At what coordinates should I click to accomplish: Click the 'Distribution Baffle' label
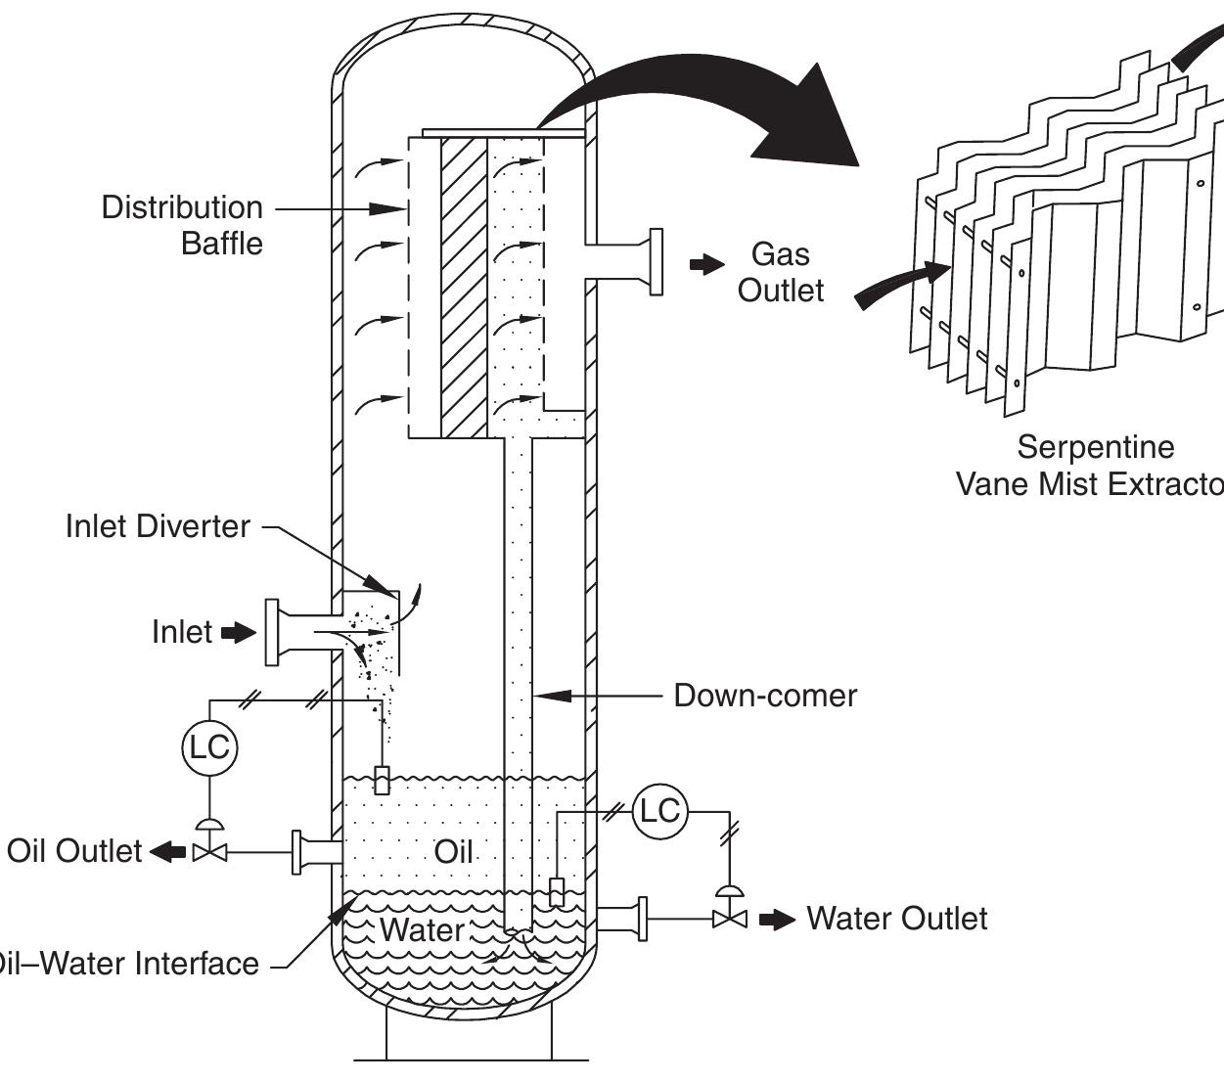tap(182, 225)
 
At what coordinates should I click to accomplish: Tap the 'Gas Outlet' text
tap(781, 272)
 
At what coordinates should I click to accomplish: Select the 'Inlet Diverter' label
tap(158, 526)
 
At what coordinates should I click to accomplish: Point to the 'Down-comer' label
tap(765, 696)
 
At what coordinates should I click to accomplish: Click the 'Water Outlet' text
tap(896, 919)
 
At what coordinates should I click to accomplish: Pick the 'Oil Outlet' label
tap(74, 851)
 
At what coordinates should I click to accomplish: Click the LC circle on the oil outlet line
tap(208, 748)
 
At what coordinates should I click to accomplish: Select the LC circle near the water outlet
tap(659, 811)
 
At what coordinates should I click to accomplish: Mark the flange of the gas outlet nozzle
tap(656, 261)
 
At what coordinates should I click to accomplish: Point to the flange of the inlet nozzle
tap(272, 633)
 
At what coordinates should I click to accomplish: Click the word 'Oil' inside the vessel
tap(453, 852)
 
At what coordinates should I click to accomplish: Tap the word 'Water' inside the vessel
tap(422, 929)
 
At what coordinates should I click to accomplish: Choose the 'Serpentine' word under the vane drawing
tap(1095, 447)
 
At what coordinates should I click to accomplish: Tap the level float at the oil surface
tap(383, 781)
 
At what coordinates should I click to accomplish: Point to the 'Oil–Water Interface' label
tap(127, 965)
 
